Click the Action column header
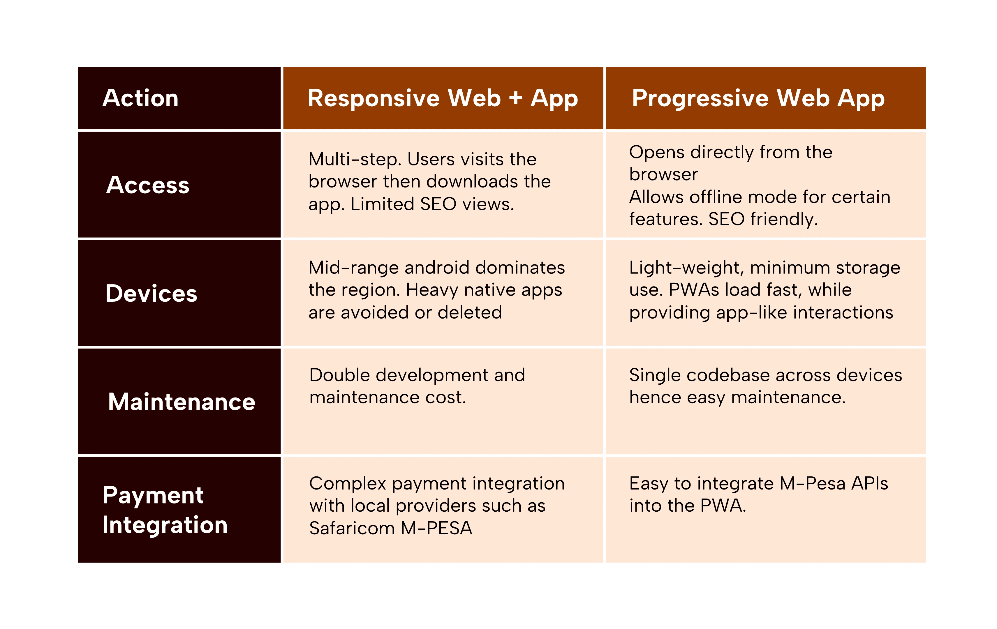coord(140,98)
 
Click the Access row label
coord(148,185)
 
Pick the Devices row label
coord(151,294)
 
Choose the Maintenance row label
coord(182,402)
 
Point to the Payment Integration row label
coord(165,510)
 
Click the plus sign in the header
coord(515,98)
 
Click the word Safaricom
coord(352,529)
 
